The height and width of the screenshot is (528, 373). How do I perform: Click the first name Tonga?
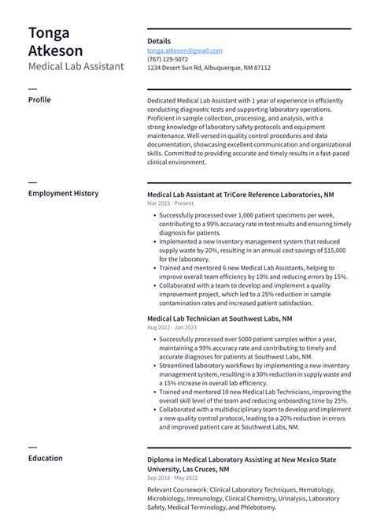pos(49,32)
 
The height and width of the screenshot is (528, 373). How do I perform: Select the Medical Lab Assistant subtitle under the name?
pos(76,66)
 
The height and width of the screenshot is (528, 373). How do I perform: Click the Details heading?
pos(159,40)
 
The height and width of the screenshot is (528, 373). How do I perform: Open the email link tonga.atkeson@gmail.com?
pos(184,50)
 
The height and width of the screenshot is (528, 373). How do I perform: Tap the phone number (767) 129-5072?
pos(168,59)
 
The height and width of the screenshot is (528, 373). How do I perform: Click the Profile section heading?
pos(39,101)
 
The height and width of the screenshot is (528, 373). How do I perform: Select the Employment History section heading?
pos(63,193)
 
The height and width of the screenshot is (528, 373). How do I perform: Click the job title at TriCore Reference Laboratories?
pos(240,194)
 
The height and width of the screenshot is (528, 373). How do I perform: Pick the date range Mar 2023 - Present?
pos(170,203)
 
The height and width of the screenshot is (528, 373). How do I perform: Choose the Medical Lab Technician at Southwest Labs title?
pos(220,318)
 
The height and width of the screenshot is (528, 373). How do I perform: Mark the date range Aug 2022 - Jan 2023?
pos(172,328)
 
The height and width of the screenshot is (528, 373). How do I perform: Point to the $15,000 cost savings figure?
pos(335,250)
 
